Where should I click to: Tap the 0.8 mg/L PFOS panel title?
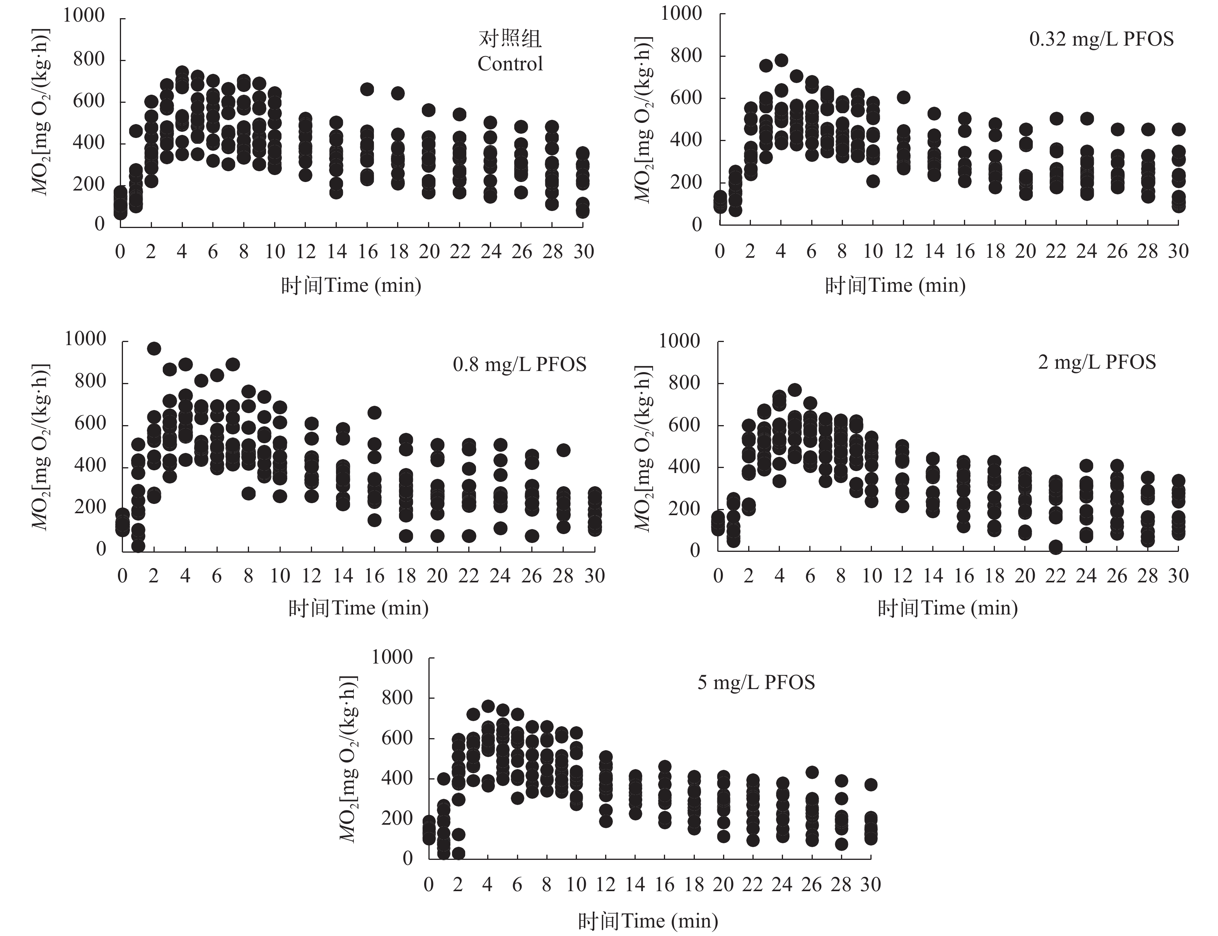[x=520, y=364]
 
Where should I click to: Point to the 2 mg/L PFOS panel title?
[x=1097, y=362]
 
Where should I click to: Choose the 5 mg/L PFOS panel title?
[x=756, y=682]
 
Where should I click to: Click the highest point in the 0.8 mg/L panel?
[x=154, y=349]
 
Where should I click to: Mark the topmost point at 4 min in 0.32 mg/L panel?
[x=781, y=60]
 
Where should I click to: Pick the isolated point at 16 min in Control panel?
[x=367, y=89]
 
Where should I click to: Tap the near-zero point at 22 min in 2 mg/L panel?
[x=1055, y=547]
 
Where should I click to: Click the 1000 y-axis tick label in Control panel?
[x=84, y=15]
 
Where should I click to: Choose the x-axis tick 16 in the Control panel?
[x=367, y=252]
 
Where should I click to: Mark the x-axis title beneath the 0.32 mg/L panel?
[x=895, y=285]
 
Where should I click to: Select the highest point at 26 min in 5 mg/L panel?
[x=812, y=772]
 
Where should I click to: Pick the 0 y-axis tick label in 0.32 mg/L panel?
[x=697, y=225]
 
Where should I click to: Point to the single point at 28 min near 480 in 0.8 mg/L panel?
[x=564, y=450]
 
